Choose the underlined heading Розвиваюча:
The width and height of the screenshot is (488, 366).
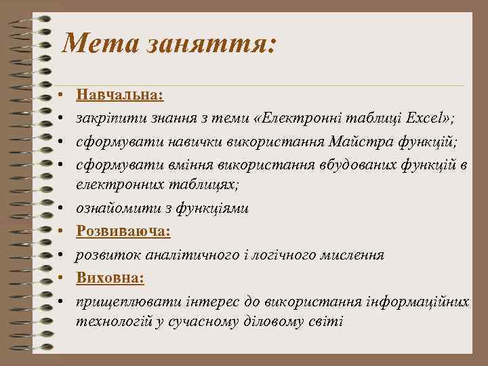pyautogui.click(x=123, y=232)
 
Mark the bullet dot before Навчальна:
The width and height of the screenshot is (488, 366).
pyautogui.click(x=60, y=96)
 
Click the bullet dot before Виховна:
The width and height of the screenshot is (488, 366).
pyautogui.click(x=60, y=279)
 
